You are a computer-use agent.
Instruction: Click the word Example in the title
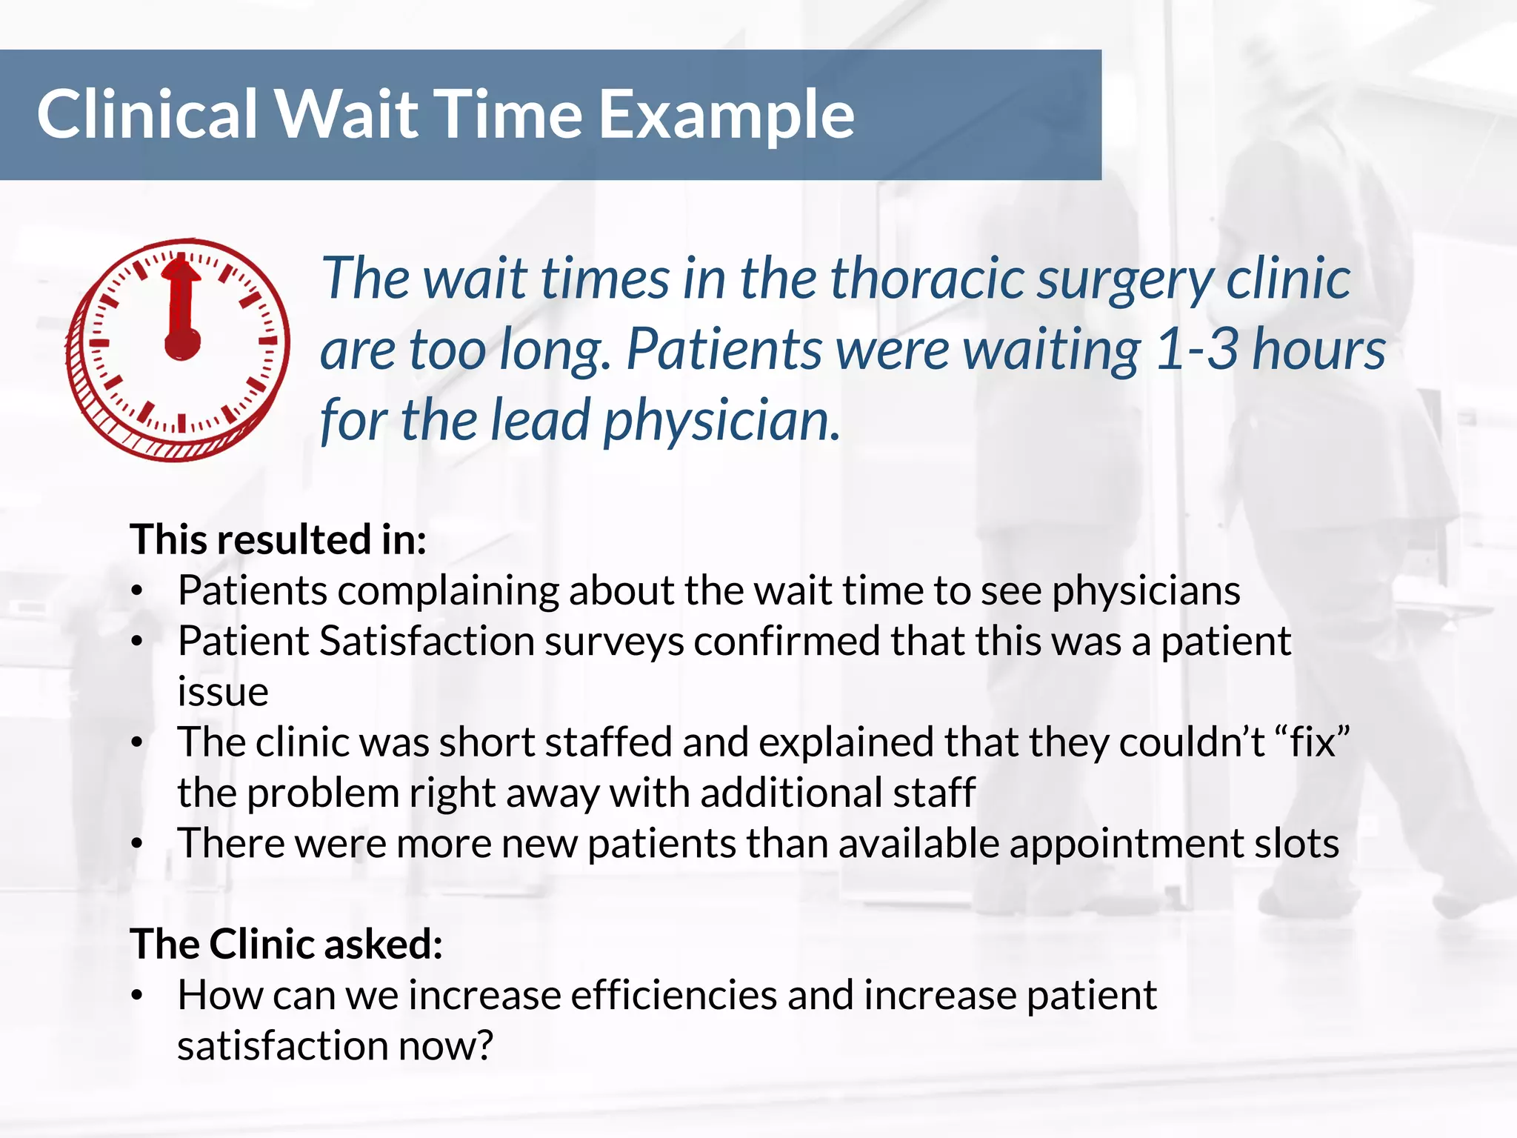726,116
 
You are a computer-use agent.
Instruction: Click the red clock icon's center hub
181,344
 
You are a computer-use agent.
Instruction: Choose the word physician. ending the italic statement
722,421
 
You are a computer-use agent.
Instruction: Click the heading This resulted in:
279,539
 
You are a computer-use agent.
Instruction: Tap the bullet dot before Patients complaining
136,593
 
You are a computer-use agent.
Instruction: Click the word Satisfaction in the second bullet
427,641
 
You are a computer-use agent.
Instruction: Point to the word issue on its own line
222,692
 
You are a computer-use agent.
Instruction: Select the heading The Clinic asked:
286,945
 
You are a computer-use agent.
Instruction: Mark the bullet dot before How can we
136,997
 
